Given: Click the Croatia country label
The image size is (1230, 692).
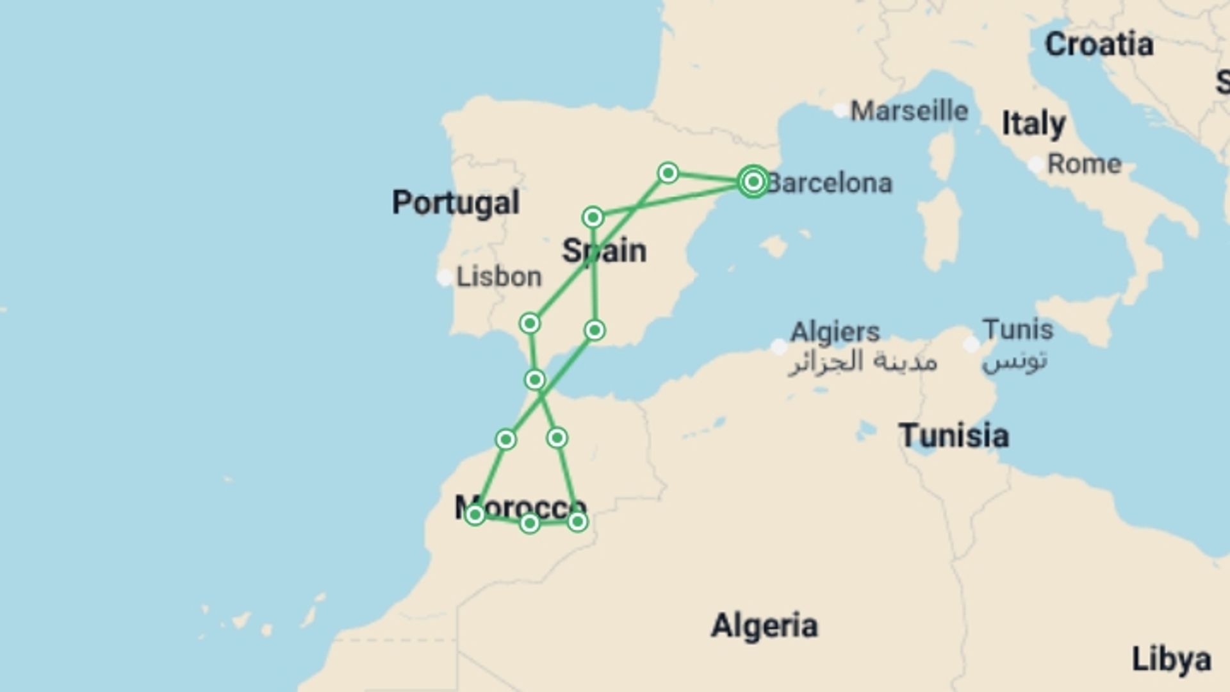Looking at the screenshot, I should pos(1099,44).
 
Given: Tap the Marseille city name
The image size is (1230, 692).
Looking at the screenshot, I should pos(908,111).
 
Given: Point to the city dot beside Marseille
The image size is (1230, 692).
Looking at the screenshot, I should pos(840,111).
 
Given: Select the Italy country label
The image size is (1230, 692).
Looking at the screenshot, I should pos(1033,123).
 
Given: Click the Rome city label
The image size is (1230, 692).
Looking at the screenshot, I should pos(1084,164).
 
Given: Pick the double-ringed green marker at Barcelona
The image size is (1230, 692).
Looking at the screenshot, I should pos(753,182).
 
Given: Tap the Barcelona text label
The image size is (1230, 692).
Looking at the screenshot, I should pos(830,184).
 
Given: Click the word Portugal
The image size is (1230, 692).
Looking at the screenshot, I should pos(455,203).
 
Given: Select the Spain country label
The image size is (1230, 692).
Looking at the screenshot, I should pos(604,251).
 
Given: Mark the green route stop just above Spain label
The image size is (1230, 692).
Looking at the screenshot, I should pos(593,217).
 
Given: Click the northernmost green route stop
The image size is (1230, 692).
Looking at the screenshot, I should pos(668,173).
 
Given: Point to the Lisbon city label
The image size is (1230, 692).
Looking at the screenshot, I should pos(498,277).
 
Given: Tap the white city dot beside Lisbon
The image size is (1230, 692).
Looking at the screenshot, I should pos(445,278).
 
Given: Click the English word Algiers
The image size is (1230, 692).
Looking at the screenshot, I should pos(835,332).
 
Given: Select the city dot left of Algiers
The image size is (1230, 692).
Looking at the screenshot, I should pos(779,347).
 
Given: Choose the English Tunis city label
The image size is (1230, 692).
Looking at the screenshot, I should pos(1018,330).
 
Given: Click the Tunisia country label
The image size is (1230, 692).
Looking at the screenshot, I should pos(954,436).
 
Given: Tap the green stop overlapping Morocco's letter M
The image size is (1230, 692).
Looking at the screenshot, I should pos(475,515).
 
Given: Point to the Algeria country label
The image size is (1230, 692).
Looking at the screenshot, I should pos(764,625).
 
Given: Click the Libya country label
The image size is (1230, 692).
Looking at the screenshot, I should pos(1171,659).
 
